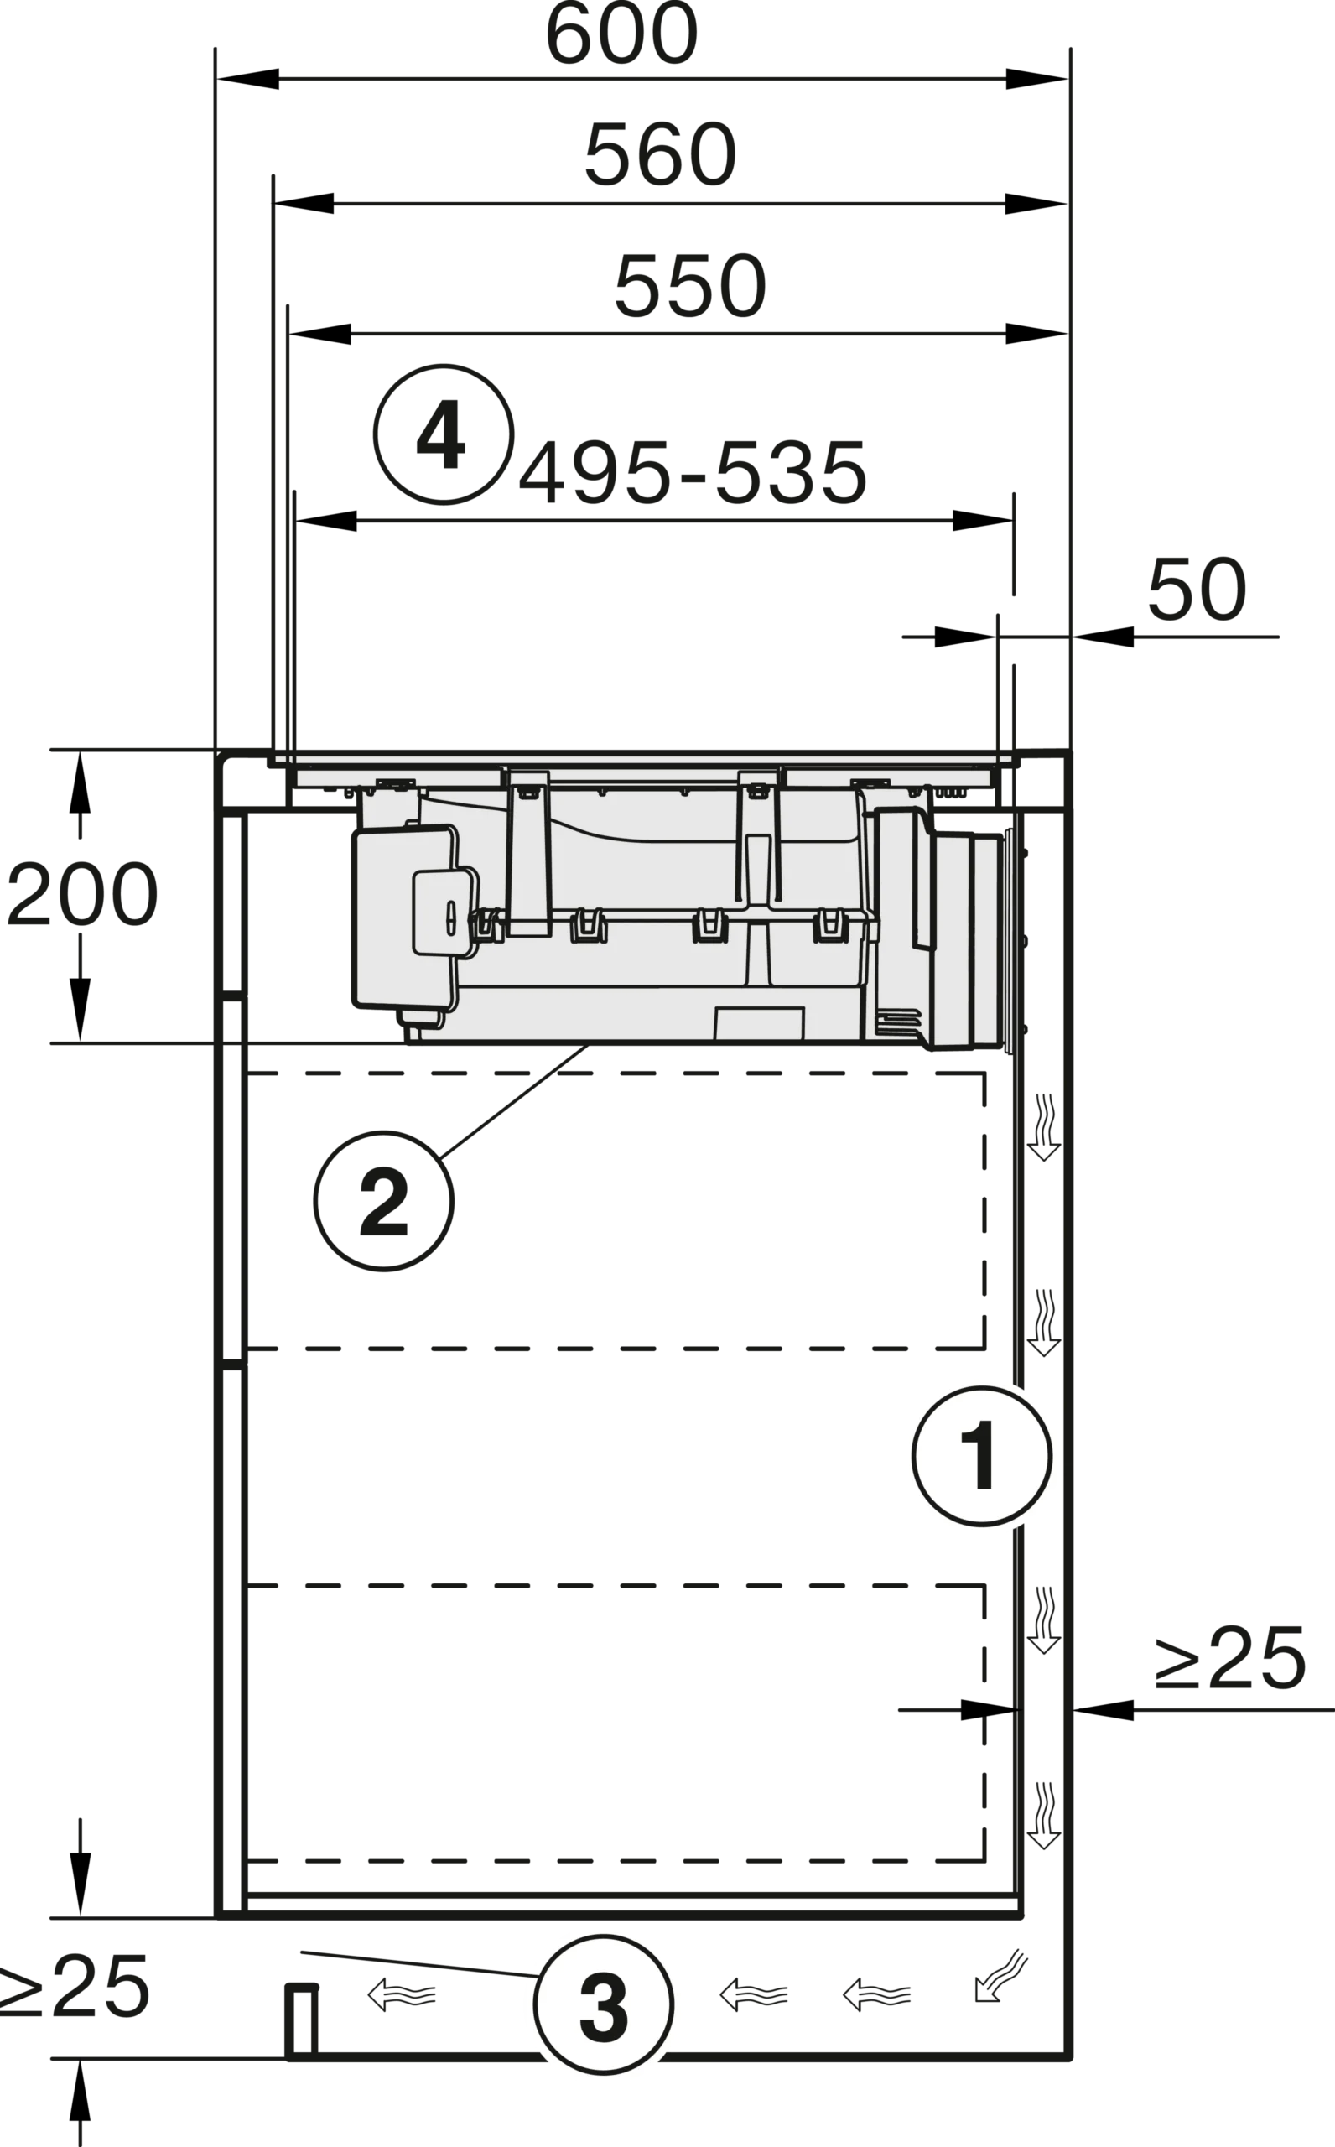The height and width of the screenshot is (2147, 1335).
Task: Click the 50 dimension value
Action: [1197, 589]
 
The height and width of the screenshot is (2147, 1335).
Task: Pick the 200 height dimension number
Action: [82, 894]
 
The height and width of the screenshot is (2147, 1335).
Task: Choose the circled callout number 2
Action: [384, 1202]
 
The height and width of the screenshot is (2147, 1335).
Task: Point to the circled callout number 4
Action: [444, 435]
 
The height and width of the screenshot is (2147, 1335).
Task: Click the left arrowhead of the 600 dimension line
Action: [248, 79]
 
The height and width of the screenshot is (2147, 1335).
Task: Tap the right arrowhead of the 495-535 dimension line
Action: [983, 520]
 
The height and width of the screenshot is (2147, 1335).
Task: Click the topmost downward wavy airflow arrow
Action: [1044, 1127]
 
